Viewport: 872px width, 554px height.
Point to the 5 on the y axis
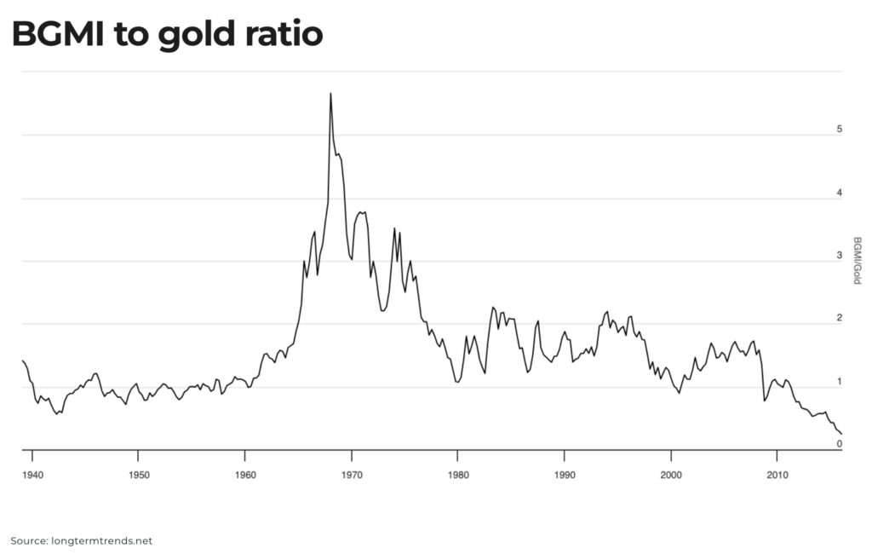point(839,130)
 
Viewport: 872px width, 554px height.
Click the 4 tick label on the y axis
point(839,193)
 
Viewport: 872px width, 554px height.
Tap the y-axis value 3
point(839,256)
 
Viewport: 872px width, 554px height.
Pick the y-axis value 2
point(839,319)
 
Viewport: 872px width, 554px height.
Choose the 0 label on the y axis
point(839,444)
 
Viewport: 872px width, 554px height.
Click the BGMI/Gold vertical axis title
point(856,260)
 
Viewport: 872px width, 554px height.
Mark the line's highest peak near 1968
point(330,94)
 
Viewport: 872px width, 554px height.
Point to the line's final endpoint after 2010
point(841,435)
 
